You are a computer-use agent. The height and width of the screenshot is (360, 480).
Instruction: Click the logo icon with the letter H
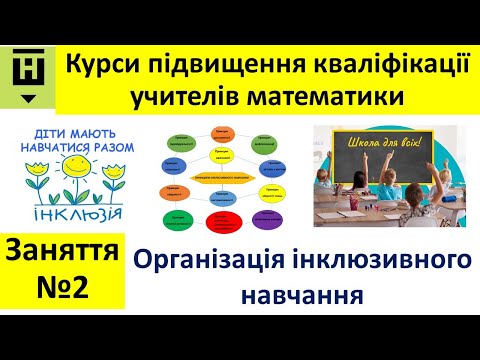pyautogui.click(x=27, y=72)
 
